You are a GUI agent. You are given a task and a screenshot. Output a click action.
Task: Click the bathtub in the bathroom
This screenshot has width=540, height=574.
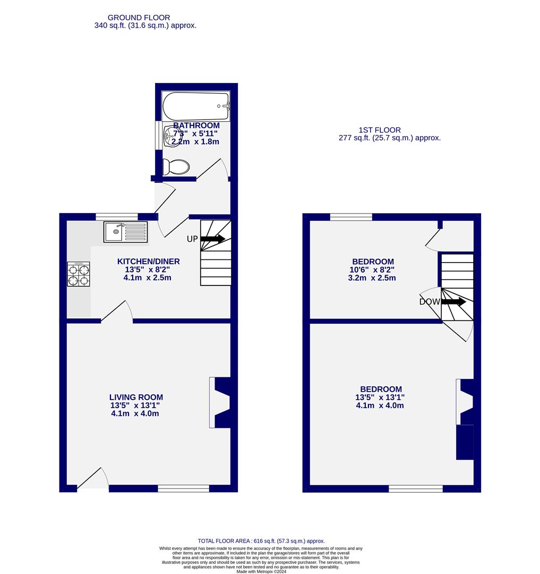[196, 106]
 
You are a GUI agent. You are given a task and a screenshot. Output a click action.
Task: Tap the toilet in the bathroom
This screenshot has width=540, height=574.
[176, 167]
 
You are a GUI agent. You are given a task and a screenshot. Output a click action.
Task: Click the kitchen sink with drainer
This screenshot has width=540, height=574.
[126, 232]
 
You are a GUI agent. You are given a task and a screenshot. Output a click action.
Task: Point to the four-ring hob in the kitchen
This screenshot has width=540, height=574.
[78, 274]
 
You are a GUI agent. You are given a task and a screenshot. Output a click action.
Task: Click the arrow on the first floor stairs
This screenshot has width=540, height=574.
[453, 302]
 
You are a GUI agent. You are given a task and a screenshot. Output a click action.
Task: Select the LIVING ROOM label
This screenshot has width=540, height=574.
[136, 397]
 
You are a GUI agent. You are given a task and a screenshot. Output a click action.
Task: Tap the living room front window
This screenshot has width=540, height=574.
[183, 488]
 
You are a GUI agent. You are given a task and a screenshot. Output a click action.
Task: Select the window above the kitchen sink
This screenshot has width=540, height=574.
[117, 216]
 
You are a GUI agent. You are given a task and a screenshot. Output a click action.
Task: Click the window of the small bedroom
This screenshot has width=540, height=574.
[350, 217]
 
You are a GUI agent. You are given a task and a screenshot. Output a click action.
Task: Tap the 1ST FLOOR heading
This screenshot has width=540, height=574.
[379, 130]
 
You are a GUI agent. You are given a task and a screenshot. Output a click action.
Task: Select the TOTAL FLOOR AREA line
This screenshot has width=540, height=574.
[261, 541]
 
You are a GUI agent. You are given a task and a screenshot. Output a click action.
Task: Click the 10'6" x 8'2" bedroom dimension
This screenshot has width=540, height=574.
[373, 270]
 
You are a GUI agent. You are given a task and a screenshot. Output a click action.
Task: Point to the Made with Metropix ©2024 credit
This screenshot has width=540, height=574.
[261, 571]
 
